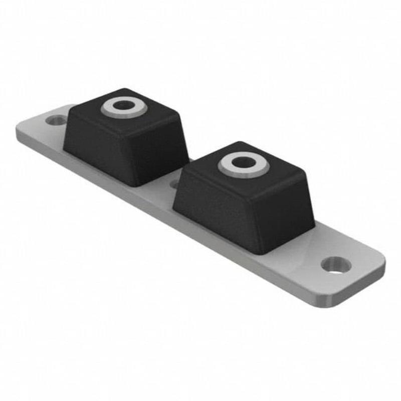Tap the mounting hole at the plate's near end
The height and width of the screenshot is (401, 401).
335,264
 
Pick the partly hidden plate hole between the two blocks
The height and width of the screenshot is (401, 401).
174,184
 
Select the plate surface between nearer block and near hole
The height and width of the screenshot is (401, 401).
311,251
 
